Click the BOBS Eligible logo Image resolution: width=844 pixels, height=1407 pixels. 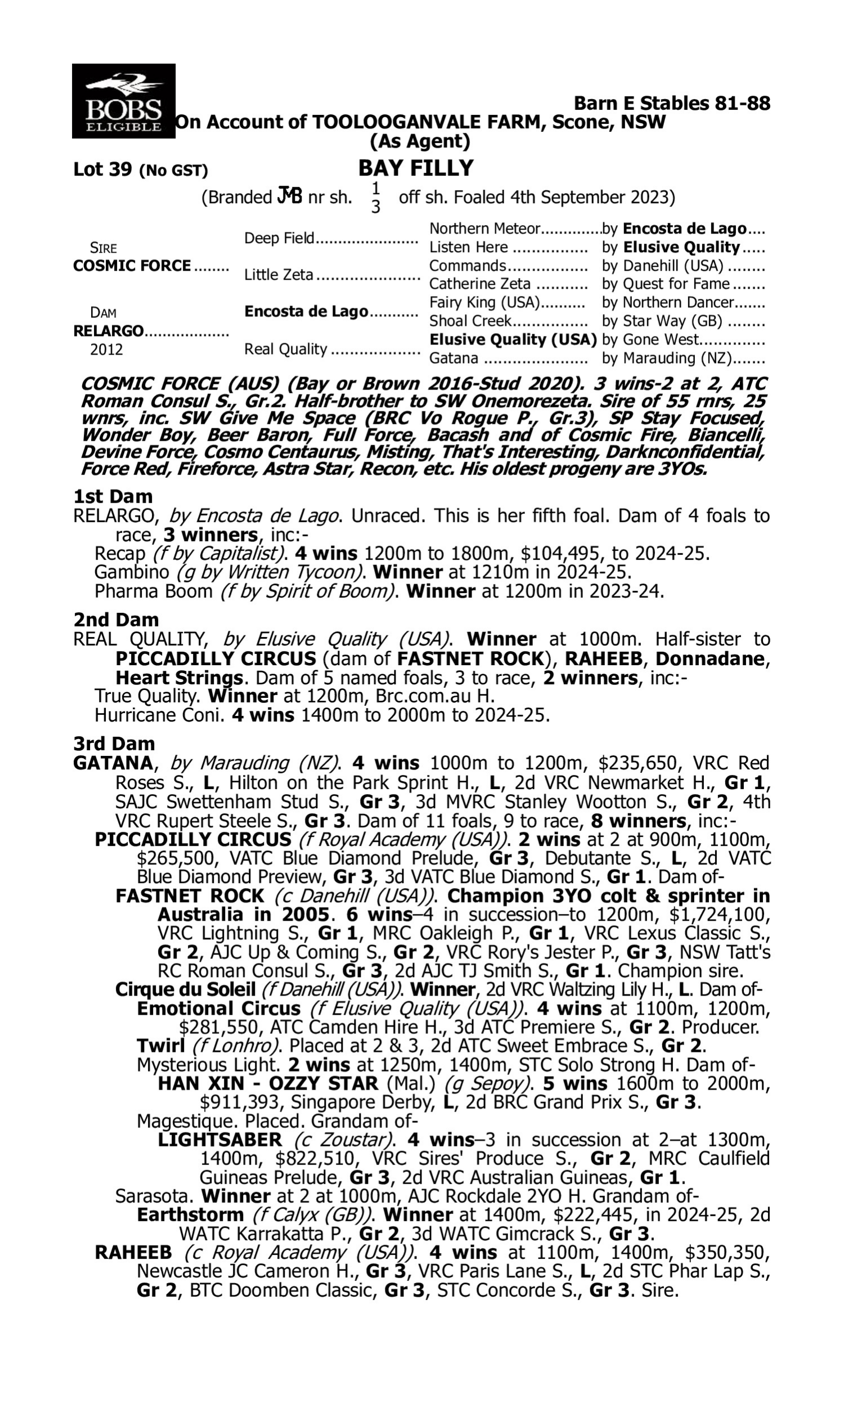[123, 101]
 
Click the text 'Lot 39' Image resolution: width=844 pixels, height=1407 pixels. [102, 169]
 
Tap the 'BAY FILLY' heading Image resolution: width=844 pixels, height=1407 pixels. [416, 168]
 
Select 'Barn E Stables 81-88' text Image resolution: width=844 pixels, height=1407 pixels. [672, 104]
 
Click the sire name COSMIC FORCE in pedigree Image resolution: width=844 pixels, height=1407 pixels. [132, 266]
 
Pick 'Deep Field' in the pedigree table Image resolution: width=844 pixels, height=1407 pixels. [279, 238]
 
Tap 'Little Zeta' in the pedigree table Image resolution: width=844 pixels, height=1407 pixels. [279, 275]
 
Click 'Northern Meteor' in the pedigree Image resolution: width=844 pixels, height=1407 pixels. [484, 228]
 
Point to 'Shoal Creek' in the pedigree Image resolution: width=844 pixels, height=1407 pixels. [470, 321]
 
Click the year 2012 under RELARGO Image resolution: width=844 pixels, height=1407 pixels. [106, 349]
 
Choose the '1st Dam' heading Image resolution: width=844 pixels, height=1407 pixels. [113, 496]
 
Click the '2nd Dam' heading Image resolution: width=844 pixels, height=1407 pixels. [115, 619]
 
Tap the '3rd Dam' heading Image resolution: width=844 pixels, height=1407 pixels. [114, 743]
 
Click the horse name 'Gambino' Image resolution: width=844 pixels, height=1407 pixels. [131, 572]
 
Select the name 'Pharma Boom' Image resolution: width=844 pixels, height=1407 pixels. [153, 592]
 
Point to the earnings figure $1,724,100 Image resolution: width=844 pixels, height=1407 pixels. [720, 915]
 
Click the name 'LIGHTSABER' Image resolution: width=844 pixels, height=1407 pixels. [219, 1140]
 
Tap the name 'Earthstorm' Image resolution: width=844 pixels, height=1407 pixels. [190, 1215]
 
